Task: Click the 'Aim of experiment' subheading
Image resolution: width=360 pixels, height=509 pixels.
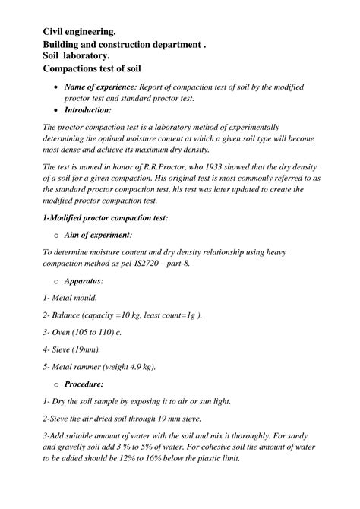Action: pos(98,236)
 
